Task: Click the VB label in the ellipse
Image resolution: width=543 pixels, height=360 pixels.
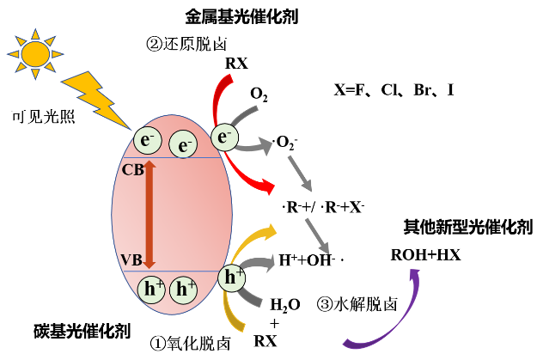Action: [132, 259]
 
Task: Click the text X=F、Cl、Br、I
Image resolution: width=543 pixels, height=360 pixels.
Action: [394, 89]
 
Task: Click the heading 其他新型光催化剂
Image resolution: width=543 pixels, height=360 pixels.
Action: [467, 228]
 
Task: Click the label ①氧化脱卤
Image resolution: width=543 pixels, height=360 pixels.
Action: [190, 342]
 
